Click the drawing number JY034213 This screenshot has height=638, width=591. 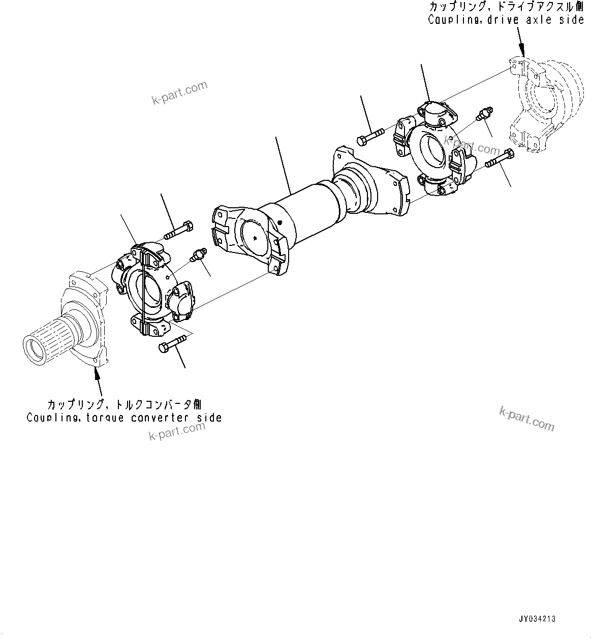[537, 619]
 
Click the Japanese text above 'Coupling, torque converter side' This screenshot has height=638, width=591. [124, 405]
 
